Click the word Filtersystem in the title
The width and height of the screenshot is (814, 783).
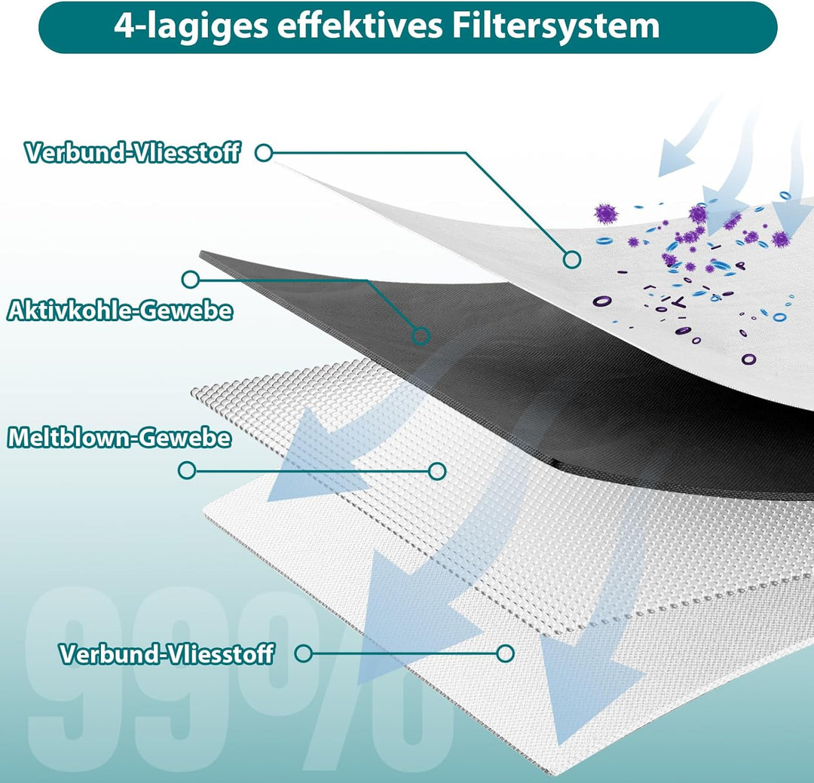[x=556, y=26]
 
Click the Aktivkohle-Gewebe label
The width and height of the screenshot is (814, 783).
[x=120, y=311]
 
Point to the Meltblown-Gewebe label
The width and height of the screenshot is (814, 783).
[x=119, y=437]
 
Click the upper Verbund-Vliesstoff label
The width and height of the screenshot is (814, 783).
[x=133, y=153]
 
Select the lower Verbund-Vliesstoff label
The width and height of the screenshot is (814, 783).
[x=166, y=653]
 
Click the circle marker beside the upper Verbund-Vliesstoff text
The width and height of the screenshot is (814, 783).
[x=264, y=153]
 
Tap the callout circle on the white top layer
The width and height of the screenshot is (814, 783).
[x=571, y=259]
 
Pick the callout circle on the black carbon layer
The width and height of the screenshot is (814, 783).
[x=421, y=336]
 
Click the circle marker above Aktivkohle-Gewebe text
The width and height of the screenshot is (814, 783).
[x=190, y=280]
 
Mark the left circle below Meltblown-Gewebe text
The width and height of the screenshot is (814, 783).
[x=186, y=470]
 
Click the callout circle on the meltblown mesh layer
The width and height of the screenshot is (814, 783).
[x=437, y=471]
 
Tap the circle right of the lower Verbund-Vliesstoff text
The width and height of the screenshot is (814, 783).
[x=303, y=653]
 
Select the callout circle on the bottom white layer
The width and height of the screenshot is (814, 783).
[x=505, y=653]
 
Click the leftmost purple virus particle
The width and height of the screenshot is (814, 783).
[x=606, y=213]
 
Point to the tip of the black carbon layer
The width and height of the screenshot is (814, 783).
[x=200, y=253]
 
